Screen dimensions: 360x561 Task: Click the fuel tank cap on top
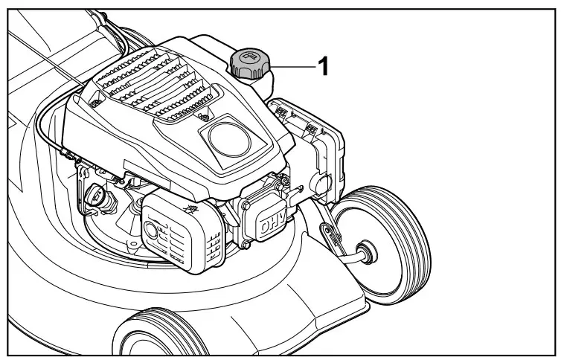249,64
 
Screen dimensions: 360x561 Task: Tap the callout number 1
323,67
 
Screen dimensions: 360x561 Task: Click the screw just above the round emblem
202,117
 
